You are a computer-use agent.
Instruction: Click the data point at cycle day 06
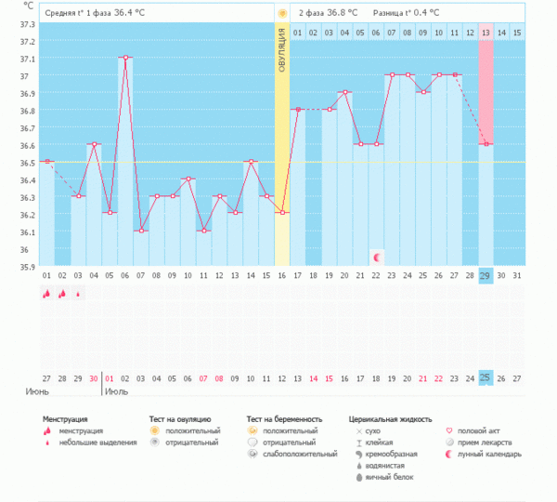pos(124,58)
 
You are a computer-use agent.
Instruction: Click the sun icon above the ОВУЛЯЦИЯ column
pos(281,13)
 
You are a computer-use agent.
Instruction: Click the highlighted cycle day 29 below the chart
pos(486,276)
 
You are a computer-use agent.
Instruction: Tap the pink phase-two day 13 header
pos(486,33)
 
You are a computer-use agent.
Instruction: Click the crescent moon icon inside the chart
pos(377,256)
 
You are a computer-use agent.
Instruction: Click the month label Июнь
pos(37,391)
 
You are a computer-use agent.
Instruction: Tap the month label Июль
pos(117,391)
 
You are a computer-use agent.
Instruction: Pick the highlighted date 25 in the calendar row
pos(486,377)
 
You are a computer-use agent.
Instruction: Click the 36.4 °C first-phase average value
pos(129,13)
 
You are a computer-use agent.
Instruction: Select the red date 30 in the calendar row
pos(94,377)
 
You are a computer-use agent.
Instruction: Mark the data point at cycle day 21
pos(345,92)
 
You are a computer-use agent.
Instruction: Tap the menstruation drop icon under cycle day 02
pos(62,294)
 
